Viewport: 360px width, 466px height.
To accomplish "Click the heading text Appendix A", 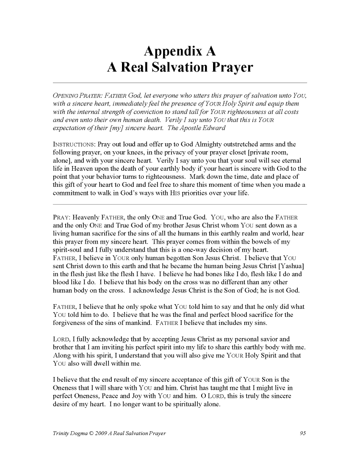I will click(180, 51).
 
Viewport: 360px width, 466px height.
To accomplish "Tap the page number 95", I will click(302, 433).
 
